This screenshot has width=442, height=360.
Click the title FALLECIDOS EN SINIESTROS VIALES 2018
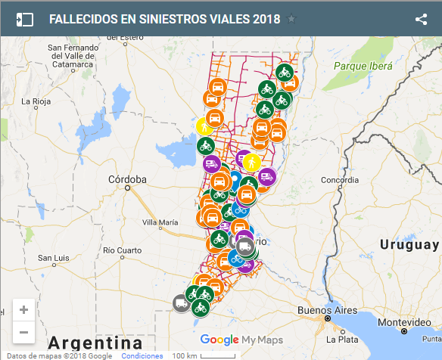pyautogui.click(x=164, y=20)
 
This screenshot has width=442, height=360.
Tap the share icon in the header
pyautogui.click(x=422, y=20)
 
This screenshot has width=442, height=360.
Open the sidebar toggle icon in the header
pyautogui.click(x=26, y=20)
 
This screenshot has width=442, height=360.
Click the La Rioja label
pyautogui.click(x=36, y=101)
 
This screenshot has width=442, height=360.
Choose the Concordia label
pyautogui.click(x=340, y=180)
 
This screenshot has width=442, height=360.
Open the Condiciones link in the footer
pyautogui.click(x=142, y=355)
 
